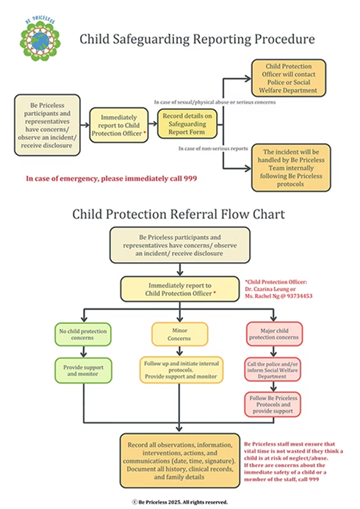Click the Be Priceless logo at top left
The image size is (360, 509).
[34, 41]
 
